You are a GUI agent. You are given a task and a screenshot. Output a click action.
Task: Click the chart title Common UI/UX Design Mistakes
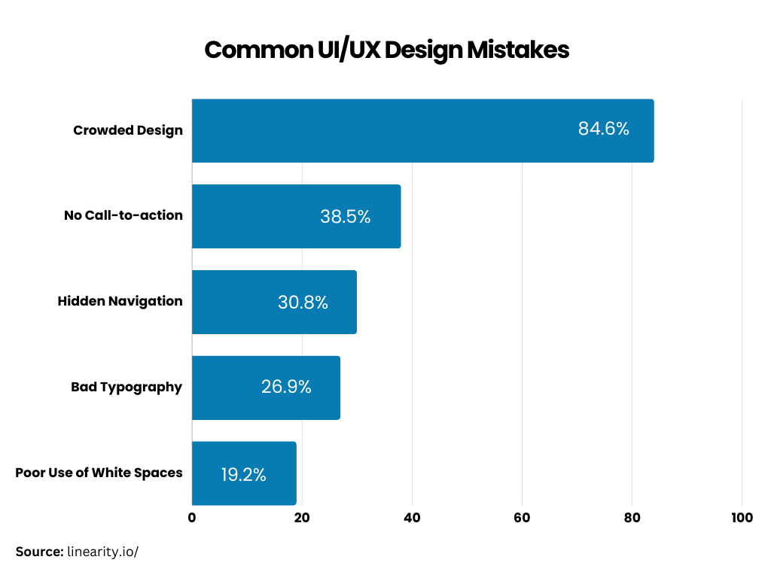(386, 50)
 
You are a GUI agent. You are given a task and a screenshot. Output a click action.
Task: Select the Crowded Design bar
(422, 130)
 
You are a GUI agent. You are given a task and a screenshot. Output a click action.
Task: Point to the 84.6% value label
(603, 129)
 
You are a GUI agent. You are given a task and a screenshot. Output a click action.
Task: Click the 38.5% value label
(346, 217)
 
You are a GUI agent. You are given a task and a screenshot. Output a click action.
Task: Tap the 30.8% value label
(303, 303)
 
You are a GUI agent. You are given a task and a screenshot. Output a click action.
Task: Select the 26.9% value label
(286, 387)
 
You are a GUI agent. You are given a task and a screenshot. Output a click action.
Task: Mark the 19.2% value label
(243, 475)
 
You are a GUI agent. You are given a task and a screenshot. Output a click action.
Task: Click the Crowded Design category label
(128, 130)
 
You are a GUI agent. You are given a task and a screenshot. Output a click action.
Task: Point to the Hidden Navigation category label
(120, 301)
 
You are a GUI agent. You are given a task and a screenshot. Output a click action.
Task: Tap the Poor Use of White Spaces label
(99, 473)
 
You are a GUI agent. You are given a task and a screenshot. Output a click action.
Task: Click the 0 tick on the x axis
(192, 518)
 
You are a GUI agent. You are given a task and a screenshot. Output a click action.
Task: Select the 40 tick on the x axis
(412, 518)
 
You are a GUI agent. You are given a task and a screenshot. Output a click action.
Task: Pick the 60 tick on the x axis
(522, 518)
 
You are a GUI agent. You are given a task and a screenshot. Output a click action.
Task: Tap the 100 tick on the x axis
(742, 518)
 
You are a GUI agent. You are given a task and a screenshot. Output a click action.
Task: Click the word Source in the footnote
(39, 552)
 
